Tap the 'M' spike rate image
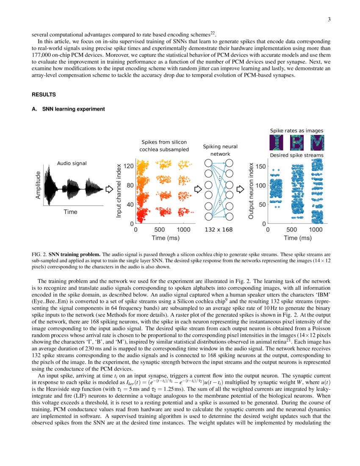coord(317,143)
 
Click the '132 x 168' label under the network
coord(219,230)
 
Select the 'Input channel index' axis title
coord(119,191)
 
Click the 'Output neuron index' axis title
coord(251,191)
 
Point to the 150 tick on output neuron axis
coord(261,166)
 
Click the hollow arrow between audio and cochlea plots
coord(108,188)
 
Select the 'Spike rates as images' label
coord(296,130)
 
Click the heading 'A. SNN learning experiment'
coord(68,109)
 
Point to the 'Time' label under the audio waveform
coord(70,211)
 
